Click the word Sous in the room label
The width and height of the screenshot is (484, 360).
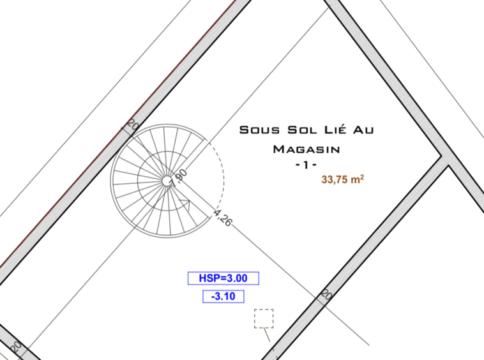click(259, 130)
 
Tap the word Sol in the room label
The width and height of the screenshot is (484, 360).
click(302, 130)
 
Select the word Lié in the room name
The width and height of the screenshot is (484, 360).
click(335, 129)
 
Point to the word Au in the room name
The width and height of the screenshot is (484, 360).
click(363, 130)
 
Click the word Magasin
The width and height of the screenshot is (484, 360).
click(306, 149)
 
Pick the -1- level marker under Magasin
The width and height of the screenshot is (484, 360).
click(306, 165)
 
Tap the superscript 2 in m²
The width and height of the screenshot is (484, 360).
click(362, 177)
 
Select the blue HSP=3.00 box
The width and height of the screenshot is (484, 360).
click(223, 278)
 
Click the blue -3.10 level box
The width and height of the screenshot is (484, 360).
click(223, 296)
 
